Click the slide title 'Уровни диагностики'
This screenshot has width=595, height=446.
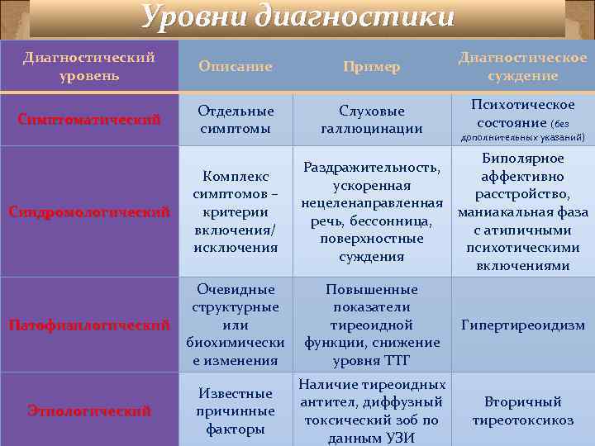click(297, 16)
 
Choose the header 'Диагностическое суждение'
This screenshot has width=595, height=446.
click(522, 66)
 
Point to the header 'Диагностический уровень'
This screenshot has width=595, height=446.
click(89, 66)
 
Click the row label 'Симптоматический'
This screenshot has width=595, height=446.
click(89, 120)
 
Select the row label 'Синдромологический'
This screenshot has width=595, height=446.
click(89, 212)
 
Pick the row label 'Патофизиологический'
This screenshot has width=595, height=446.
click(89, 325)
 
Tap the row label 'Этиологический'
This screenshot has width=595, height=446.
click(89, 410)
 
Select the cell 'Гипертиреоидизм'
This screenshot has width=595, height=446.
click(522, 325)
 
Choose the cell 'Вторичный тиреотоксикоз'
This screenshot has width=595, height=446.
click(522, 410)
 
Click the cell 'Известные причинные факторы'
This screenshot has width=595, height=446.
click(236, 410)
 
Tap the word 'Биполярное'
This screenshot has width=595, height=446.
click(522, 158)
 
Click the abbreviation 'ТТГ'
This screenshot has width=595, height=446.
click(397, 361)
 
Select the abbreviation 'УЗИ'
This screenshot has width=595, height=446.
click(400, 438)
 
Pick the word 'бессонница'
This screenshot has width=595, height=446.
click(397, 221)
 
